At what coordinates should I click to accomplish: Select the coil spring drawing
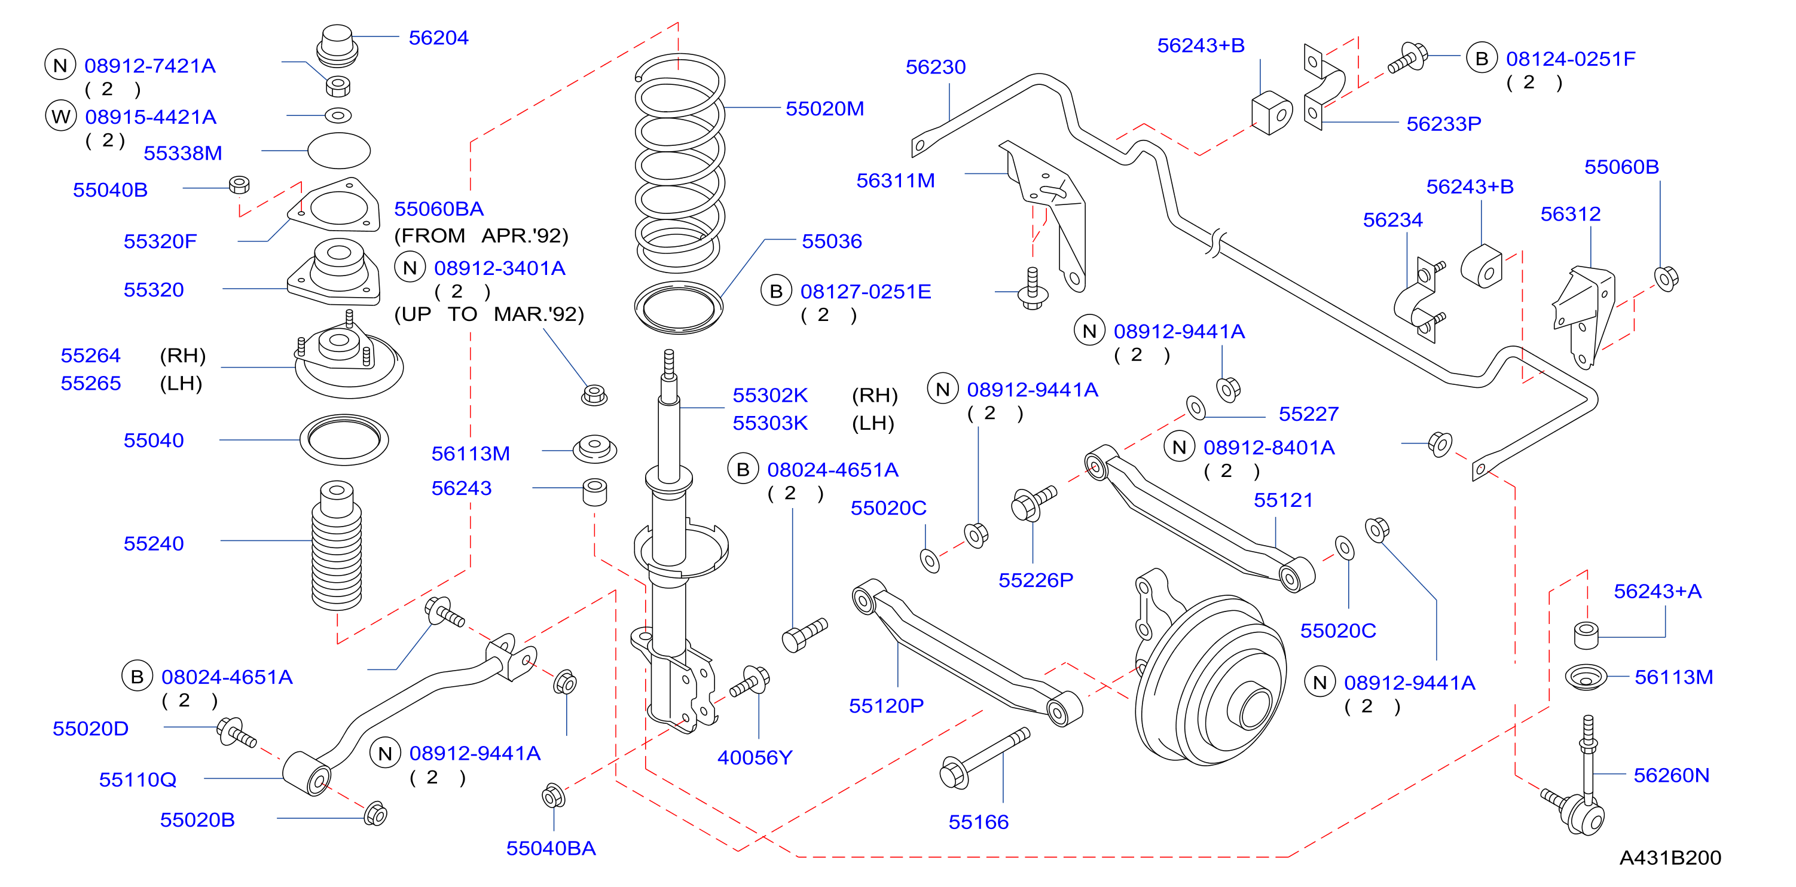(680, 164)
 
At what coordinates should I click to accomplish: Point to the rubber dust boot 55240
(337, 545)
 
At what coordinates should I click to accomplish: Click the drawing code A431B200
(1670, 858)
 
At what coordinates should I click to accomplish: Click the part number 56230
(935, 67)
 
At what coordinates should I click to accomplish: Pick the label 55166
(978, 822)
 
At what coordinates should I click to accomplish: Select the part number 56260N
(1671, 775)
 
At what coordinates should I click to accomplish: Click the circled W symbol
(60, 116)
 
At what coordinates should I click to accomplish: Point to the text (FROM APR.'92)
(481, 235)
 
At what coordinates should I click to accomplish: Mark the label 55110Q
(138, 779)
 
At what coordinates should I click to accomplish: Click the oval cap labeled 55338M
(339, 151)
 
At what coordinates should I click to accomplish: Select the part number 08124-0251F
(1570, 59)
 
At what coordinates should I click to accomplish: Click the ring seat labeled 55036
(679, 307)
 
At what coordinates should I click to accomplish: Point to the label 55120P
(885, 706)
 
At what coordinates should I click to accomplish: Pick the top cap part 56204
(337, 46)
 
